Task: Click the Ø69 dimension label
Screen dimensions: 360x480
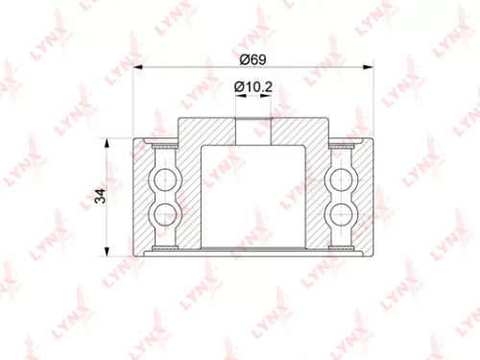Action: click(x=252, y=60)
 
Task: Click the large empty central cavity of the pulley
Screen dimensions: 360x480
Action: click(x=253, y=192)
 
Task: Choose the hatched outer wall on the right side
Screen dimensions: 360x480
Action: click(x=363, y=196)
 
